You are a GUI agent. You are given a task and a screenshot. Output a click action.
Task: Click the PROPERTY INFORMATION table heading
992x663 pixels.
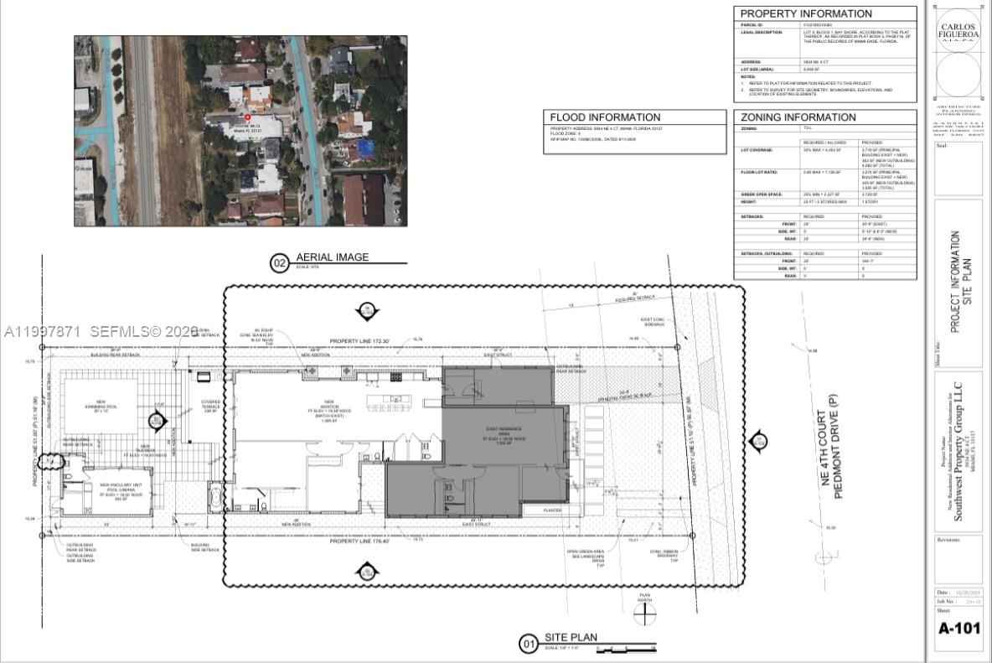click(805, 13)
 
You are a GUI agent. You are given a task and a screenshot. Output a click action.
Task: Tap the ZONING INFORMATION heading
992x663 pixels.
click(798, 117)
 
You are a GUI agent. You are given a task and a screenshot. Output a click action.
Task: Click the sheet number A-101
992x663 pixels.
click(958, 628)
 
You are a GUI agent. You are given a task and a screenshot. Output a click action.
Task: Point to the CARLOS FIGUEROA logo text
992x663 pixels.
click(959, 31)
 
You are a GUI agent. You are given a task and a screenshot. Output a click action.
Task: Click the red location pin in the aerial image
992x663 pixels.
click(247, 117)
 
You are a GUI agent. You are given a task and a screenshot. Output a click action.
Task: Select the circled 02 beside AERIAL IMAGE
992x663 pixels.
click(279, 263)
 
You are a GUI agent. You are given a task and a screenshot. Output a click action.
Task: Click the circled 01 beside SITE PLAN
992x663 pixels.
click(529, 644)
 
